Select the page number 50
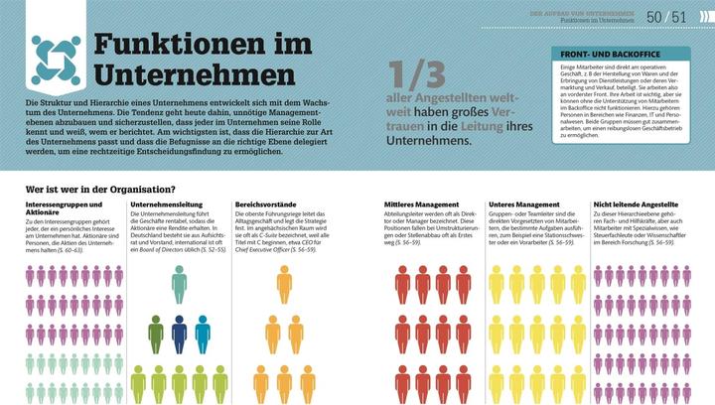coord(653,16)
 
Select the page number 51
coord(679,16)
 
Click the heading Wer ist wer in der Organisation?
coord(100,189)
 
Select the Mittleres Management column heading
coord(428,203)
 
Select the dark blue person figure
coord(179,334)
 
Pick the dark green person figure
coord(156,334)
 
